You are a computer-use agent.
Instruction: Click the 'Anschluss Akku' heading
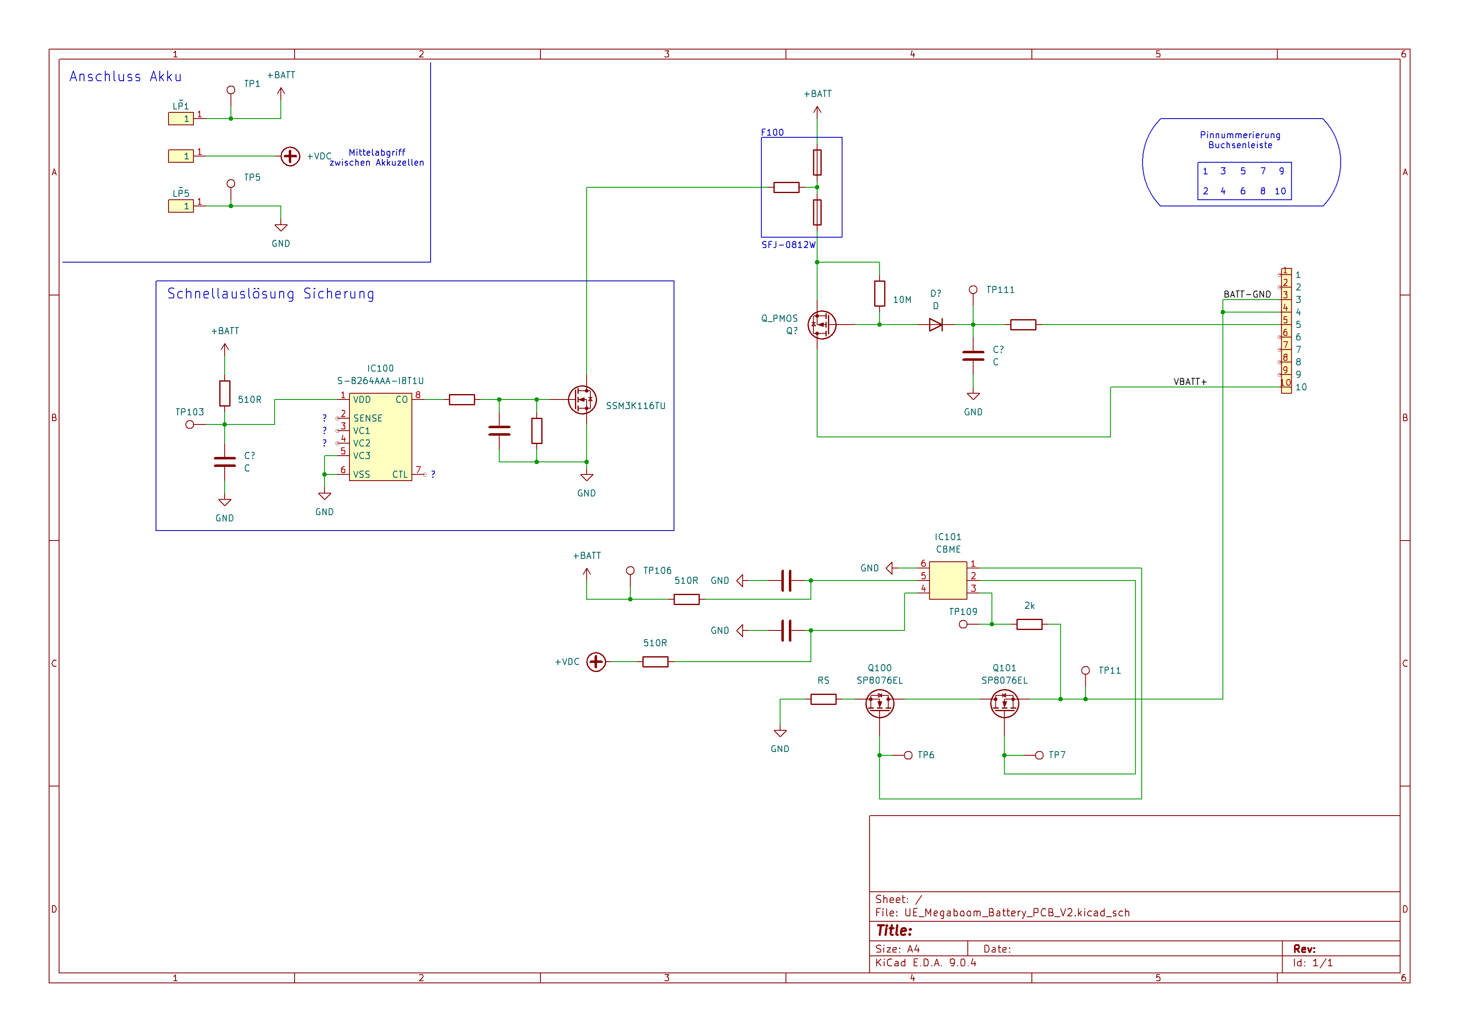(125, 77)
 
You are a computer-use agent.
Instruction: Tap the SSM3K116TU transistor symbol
(582, 400)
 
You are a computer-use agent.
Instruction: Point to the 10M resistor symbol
(879, 294)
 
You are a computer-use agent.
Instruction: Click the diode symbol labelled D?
(935, 325)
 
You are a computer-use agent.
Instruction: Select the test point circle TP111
(973, 290)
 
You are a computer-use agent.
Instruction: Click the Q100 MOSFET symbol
(879, 703)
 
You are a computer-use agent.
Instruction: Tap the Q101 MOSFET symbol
(1004, 703)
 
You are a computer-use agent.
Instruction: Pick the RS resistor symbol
(823, 699)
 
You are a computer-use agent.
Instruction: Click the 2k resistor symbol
(1029, 625)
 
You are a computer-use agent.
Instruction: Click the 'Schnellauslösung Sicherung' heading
(271, 294)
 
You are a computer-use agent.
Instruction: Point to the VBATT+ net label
(1189, 382)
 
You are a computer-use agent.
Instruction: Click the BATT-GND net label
(1247, 294)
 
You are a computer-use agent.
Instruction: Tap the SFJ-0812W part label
(788, 245)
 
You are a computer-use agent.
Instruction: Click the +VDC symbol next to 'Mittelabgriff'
(290, 156)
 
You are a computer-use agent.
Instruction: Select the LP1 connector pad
(181, 119)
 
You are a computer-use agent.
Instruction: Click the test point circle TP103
(189, 424)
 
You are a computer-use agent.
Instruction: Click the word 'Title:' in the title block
(894, 930)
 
